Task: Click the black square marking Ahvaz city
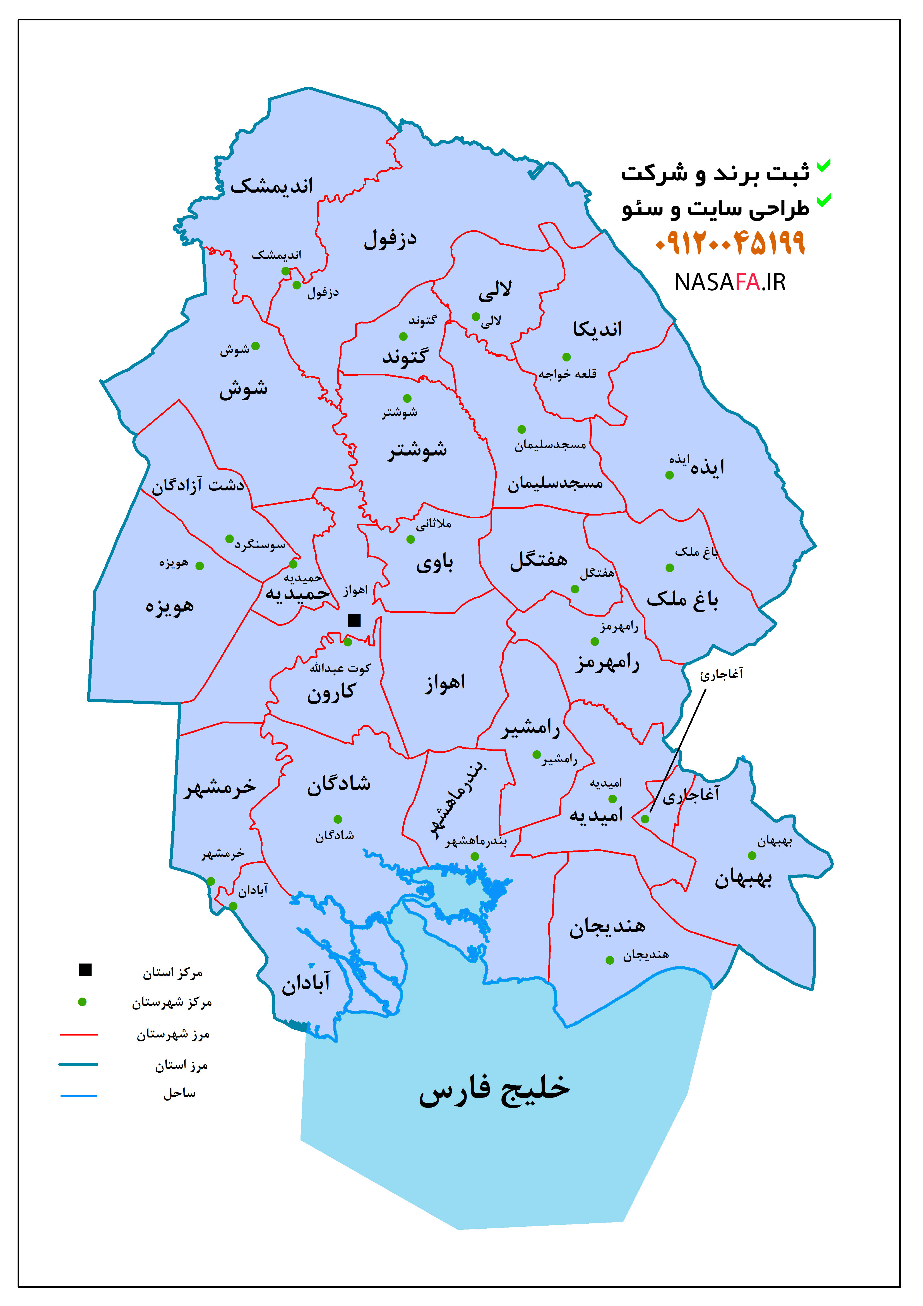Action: point(354,620)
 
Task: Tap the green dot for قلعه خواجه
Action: point(566,357)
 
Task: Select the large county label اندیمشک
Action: point(272,186)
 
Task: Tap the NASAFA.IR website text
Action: point(730,282)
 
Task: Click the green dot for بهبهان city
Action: point(752,856)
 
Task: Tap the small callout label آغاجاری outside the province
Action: point(721,675)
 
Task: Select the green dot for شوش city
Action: point(255,346)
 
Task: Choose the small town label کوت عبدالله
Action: point(340,668)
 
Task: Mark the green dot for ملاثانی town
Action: point(411,539)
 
